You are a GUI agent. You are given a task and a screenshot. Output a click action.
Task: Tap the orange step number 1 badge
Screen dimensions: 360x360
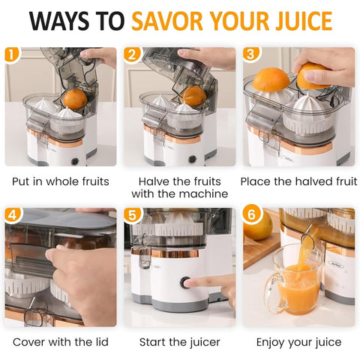point(12,55)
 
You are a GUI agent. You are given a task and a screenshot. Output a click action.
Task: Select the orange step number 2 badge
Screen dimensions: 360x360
point(132,55)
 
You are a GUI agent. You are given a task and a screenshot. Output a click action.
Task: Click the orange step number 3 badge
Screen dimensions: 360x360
point(251,55)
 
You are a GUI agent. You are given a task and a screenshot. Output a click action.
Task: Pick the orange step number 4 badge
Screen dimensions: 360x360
point(12,215)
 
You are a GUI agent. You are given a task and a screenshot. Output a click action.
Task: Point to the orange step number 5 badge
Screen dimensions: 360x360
point(132,215)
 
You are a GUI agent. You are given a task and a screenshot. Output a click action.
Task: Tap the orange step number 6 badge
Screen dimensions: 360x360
point(251,215)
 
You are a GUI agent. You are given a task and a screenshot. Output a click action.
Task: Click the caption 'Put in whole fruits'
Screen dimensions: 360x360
point(60,181)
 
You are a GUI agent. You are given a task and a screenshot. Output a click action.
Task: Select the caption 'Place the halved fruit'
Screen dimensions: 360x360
point(298,181)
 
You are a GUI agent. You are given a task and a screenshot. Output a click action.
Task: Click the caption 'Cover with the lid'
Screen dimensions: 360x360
point(60,342)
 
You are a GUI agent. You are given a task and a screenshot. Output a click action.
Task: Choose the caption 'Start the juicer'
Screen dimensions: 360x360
point(179,342)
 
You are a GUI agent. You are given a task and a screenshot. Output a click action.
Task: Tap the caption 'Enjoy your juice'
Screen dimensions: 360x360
point(298,342)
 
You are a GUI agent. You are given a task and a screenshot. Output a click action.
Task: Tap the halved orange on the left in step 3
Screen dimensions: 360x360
point(271,79)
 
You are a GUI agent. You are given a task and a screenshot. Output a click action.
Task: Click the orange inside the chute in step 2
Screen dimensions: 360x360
point(193,95)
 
